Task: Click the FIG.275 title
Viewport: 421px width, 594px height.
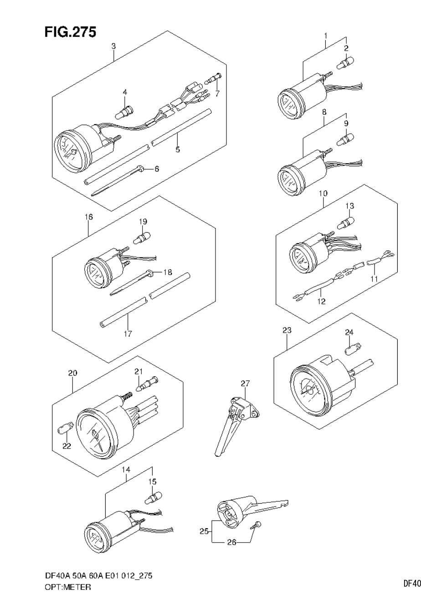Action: coord(70,32)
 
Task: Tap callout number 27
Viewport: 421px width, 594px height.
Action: coord(246,383)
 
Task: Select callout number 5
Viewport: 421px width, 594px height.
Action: coord(178,149)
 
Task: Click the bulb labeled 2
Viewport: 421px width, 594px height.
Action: coord(344,63)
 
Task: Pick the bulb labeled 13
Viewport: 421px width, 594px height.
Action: coord(347,223)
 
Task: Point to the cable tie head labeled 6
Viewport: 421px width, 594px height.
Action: coord(143,169)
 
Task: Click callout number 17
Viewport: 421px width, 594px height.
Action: coord(128,333)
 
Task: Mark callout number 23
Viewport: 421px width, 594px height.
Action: coord(287,330)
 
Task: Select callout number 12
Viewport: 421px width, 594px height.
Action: coord(322,301)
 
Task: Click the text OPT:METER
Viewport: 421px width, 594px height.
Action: coord(68,587)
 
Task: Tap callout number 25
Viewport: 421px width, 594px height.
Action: coord(204,531)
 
